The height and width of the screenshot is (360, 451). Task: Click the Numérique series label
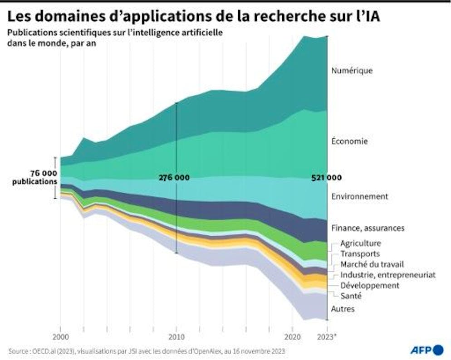[x=352, y=71]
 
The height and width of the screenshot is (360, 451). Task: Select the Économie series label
[x=349, y=141]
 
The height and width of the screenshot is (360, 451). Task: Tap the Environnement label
[x=359, y=196]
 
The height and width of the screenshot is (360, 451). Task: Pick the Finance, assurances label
[x=368, y=228]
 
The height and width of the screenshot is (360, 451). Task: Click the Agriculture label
[x=360, y=243]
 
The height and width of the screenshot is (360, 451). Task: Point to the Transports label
[x=359, y=254]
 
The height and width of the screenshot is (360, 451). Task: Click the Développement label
[x=369, y=285]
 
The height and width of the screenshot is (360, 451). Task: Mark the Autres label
[x=343, y=309]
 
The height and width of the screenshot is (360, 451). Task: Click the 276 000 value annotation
[x=174, y=178]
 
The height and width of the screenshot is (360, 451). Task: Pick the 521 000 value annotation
[x=327, y=178]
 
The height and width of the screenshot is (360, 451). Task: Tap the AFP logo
[x=426, y=350]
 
